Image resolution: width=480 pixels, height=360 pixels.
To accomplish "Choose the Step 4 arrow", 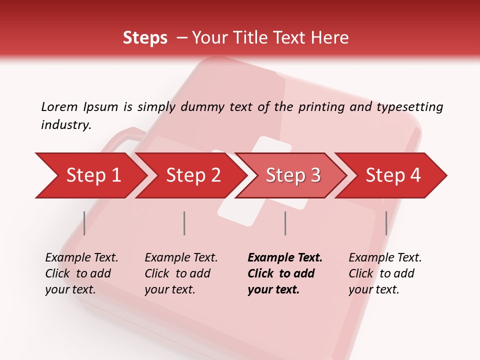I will tap(393, 175).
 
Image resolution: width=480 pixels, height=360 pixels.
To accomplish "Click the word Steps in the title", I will tap(145, 38).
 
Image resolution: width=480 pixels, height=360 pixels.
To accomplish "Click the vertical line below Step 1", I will tap(84, 223).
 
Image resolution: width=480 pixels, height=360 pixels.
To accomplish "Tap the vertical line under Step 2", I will tap(184, 223).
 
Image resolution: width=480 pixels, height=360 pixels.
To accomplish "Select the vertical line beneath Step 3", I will tap(285, 223).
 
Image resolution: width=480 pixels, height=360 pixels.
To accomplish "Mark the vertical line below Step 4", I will tap(386, 223).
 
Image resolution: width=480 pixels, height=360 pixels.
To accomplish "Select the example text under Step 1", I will tap(81, 273).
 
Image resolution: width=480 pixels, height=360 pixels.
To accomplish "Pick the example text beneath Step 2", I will tap(181, 273).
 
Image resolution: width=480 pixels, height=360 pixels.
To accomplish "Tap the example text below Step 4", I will tap(385, 273).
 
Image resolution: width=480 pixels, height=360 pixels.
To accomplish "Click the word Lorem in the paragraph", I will tap(59, 107).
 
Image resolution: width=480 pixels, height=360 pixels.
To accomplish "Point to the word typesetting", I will tap(409, 107).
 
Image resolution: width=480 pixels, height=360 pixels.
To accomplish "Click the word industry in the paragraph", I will tap(65, 125).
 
